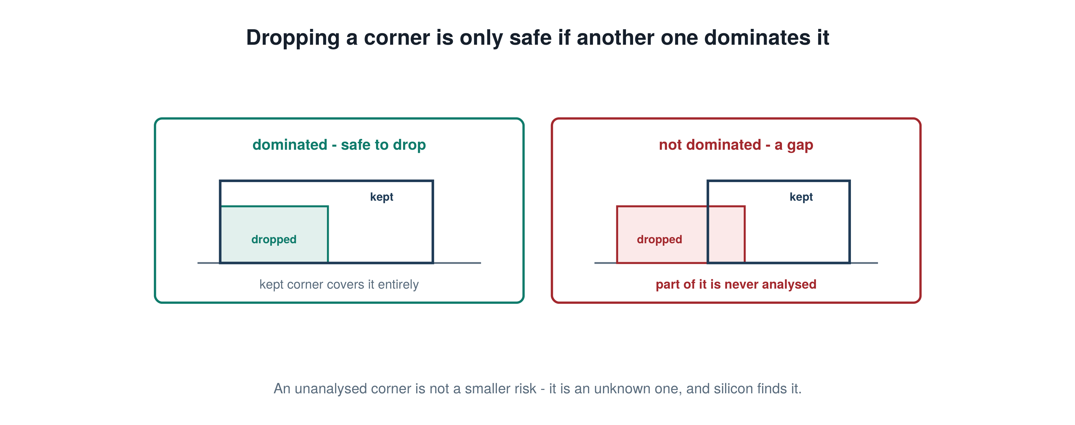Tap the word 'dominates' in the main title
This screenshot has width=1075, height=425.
pos(756,38)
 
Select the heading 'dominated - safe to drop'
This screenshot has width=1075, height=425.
pos(339,145)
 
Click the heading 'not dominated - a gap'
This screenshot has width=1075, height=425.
pos(736,145)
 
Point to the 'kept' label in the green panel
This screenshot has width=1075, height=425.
pos(381,197)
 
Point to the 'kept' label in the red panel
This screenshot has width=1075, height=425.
pos(801,197)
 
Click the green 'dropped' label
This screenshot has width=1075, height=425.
pos(274,240)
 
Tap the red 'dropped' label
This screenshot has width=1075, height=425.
pos(659,240)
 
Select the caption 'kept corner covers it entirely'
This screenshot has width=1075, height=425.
pos(339,285)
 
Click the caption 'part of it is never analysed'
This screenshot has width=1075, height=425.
pos(736,285)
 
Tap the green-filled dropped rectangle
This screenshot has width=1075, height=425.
pos(274,234)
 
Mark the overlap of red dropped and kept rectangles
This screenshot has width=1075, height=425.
pos(726,234)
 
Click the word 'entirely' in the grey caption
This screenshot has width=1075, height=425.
pos(398,285)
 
